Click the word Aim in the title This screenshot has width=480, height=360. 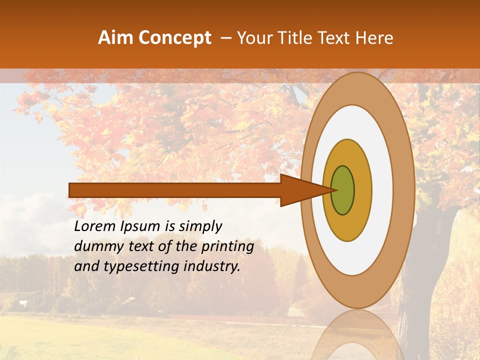coord(116,38)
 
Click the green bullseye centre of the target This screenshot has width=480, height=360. coord(343,190)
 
